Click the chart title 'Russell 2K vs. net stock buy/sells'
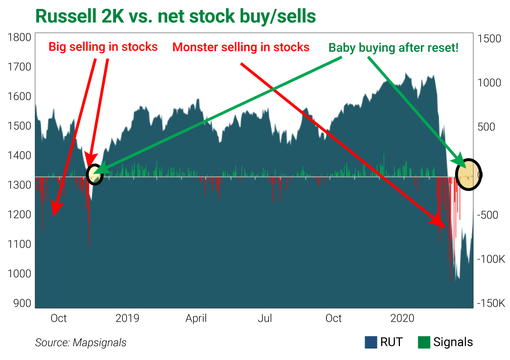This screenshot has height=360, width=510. pos(176,16)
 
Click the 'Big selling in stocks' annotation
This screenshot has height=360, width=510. pos(103,47)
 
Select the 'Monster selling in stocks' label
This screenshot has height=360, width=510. pos(241,47)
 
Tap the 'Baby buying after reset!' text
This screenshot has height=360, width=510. pos(393,47)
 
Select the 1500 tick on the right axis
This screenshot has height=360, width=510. pos(490,38)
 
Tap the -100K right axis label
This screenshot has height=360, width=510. pos(492,259)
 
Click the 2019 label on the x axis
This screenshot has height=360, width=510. pos(127,318)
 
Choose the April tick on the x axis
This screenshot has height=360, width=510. pos(196,318)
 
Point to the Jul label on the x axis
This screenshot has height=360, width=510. pos(265,318)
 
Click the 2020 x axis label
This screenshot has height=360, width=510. pos(402,318)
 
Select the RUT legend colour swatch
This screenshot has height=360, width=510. pos(371,342)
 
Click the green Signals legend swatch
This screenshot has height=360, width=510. pos(424,342)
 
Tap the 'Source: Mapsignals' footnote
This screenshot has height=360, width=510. pos(81,343)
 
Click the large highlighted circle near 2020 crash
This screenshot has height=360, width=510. pos(468,175)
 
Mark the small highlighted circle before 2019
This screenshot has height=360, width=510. pos(95,174)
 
